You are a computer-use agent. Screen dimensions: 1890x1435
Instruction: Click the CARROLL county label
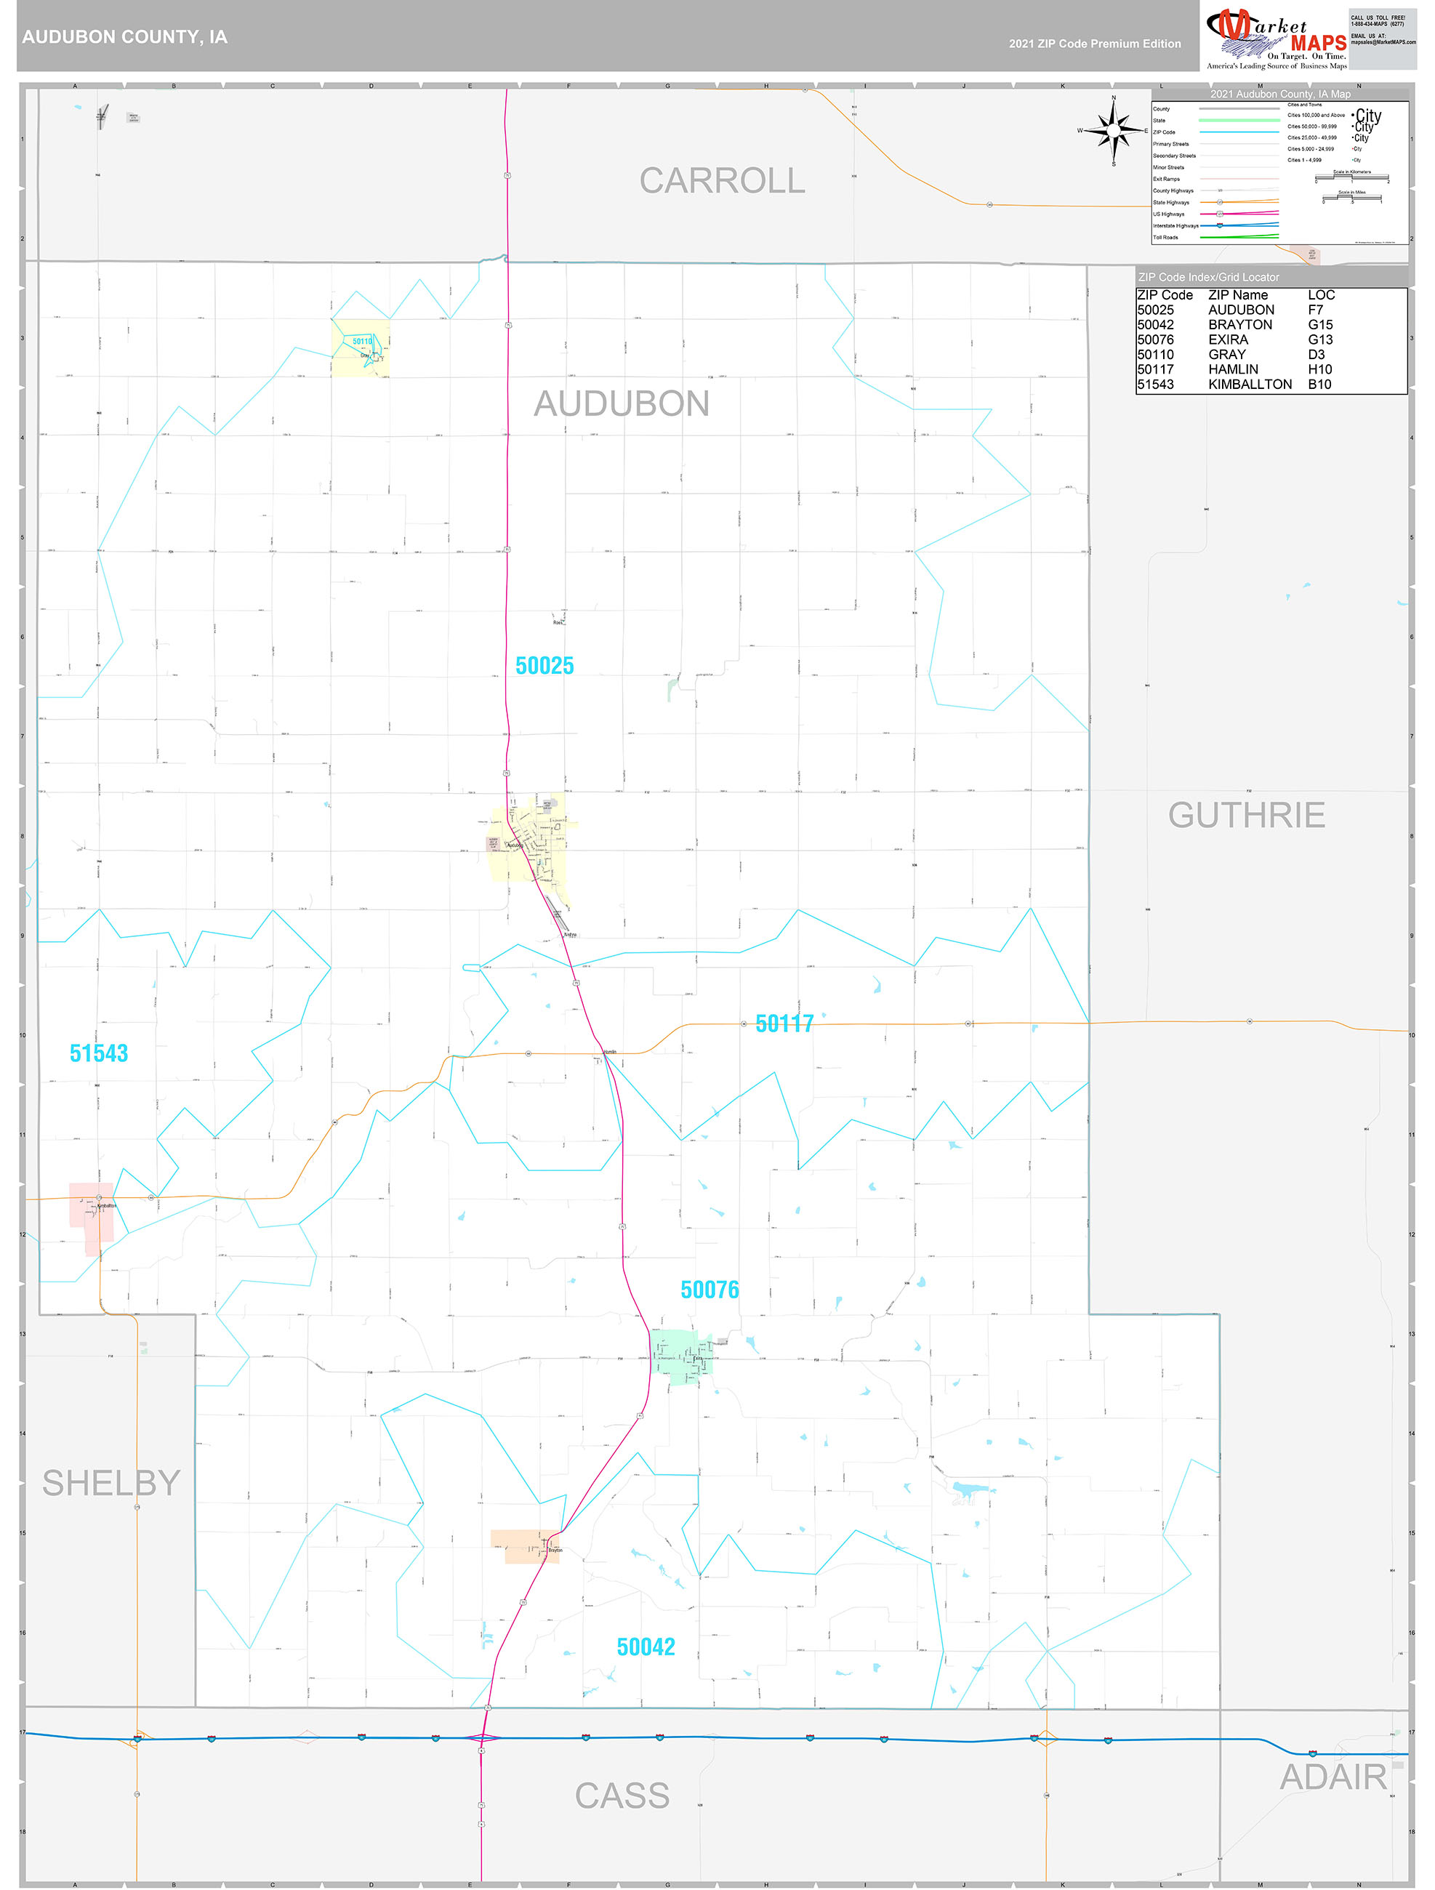pyautogui.click(x=722, y=181)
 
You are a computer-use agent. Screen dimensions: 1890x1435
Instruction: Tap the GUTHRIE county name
pyautogui.click(x=1246, y=815)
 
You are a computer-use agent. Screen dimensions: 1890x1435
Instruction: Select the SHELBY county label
pyautogui.click(x=111, y=1484)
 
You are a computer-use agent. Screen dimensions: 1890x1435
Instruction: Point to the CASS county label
pyautogui.click(x=622, y=1796)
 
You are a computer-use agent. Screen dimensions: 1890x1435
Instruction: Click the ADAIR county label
pyautogui.click(x=1332, y=1777)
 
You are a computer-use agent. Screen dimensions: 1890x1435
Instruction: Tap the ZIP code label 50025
pyautogui.click(x=544, y=666)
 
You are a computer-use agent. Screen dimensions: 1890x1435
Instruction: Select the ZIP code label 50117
pyautogui.click(x=784, y=1024)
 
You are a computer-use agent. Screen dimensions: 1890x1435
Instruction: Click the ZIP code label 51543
pyautogui.click(x=98, y=1053)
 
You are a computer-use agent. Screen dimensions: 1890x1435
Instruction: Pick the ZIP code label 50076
pyautogui.click(x=710, y=1290)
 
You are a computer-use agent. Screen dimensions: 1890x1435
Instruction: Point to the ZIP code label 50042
pyautogui.click(x=646, y=1646)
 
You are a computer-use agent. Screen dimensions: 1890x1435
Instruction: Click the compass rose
pyautogui.click(x=1113, y=131)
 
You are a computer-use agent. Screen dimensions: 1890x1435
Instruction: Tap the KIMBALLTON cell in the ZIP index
pyautogui.click(x=1250, y=385)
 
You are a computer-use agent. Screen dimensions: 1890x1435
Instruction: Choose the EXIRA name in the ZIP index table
pyautogui.click(x=1227, y=340)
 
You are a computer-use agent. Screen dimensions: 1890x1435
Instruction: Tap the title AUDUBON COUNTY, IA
pyautogui.click(x=125, y=37)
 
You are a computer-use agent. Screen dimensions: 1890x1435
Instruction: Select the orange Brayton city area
pyautogui.click(x=526, y=1546)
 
